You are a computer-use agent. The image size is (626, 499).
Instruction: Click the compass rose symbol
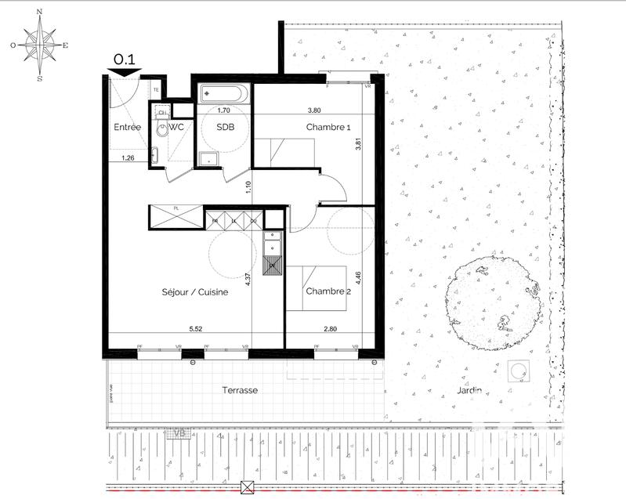39,45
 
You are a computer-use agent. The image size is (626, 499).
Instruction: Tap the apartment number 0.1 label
125,59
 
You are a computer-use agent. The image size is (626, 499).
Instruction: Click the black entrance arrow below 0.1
125,73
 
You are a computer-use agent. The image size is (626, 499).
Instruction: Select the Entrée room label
128,127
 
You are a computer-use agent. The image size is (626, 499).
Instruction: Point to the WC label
176,127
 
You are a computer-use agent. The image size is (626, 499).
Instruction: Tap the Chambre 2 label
327,291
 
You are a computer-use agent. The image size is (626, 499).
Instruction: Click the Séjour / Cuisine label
196,291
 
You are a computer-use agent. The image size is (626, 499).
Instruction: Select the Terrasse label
239,389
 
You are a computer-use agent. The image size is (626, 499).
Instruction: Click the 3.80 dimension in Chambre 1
315,110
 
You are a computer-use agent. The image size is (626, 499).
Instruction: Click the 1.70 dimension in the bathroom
223,110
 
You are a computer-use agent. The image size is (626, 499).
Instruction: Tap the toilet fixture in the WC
161,131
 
